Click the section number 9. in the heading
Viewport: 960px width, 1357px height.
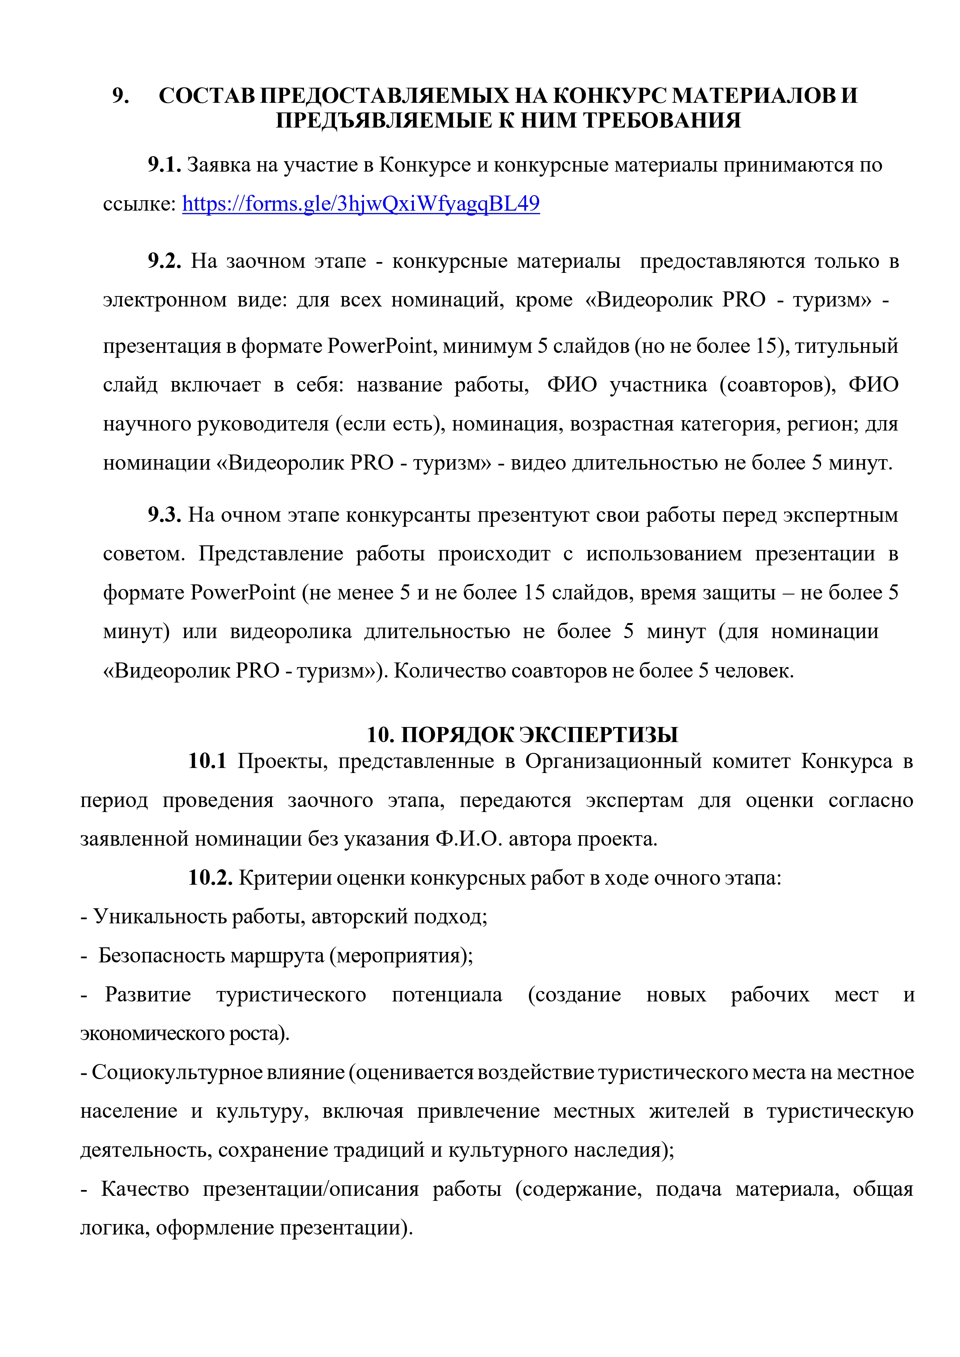[x=121, y=96]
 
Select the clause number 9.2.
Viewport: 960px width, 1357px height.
[x=164, y=261]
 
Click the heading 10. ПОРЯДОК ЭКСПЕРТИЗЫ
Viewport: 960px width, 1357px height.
[x=522, y=735]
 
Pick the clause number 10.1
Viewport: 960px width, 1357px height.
[x=207, y=761]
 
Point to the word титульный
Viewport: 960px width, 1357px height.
[x=846, y=346]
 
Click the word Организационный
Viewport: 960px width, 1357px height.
[x=613, y=761]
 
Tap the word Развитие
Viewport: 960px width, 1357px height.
[x=148, y=995]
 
